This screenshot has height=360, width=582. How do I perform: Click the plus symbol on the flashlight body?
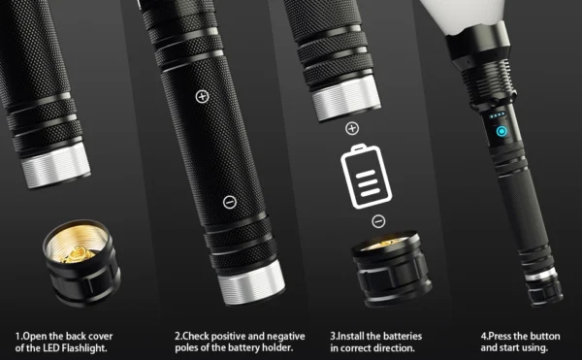(x=202, y=96)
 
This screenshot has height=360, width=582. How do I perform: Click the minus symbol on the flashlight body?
(x=229, y=202)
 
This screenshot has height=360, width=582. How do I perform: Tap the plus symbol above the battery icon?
(x=351, y=127)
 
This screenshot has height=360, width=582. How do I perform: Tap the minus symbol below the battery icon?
(x=378, y=221)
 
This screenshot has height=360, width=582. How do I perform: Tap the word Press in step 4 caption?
(x=502, y=336)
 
